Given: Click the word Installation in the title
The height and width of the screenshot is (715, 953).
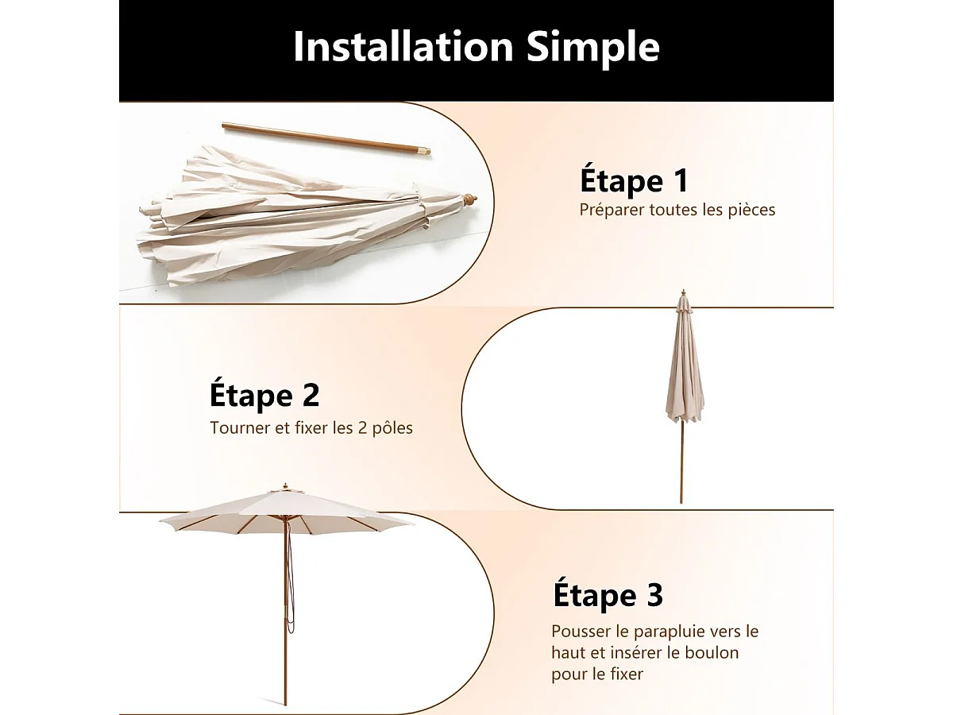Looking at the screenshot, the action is pos(403,47).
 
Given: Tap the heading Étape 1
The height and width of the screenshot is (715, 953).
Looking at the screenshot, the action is pos(634,180).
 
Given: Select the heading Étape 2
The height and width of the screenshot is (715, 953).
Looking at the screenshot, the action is pos(264,394).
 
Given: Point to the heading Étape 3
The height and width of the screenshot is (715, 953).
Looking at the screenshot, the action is pos(608,595).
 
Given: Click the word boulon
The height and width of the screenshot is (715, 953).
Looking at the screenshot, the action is pos(712,652).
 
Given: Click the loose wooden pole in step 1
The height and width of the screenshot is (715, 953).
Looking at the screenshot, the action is pos(326,139).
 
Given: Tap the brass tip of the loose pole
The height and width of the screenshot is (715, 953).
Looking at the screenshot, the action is pos(424,152).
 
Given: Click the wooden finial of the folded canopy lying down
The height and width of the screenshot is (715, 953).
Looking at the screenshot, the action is pos(471,200).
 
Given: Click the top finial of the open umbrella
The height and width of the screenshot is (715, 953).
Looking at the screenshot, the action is pos(285,487).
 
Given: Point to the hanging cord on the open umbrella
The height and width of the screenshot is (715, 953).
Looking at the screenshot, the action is pos(291,578).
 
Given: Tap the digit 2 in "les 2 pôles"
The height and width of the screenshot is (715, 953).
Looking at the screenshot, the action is pos(362,428).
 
